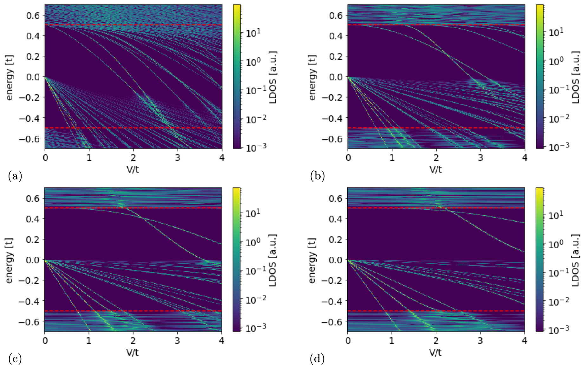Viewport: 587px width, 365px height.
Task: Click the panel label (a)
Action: pyautogui.click(x=15, y=176)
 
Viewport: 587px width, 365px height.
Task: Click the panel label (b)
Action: pyautogui.click(x=317, y=176)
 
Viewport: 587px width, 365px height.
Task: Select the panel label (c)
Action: pyautogui.click(x=15, y=359)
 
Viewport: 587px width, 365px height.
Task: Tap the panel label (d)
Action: pyautogui.click(x=317, y=359)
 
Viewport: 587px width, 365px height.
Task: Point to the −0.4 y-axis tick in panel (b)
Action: pyautogui.click(x=333, y=118)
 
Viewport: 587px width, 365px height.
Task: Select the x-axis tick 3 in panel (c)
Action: pyautogui.click(x=177, y=341)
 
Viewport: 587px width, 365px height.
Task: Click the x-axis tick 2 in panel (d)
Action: pyautogui.click(x=436, y=341)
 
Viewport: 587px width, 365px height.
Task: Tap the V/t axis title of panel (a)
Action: pyautogui.click(x=133, y=169)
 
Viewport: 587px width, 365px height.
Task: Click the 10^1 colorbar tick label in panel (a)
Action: pyautogui.click(x=253, y=33)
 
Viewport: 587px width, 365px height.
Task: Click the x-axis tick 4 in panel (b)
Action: pyautogui.click(x=525, y=157)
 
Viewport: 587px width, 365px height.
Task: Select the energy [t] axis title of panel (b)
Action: pyautogui.click(x=312, y=77)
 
